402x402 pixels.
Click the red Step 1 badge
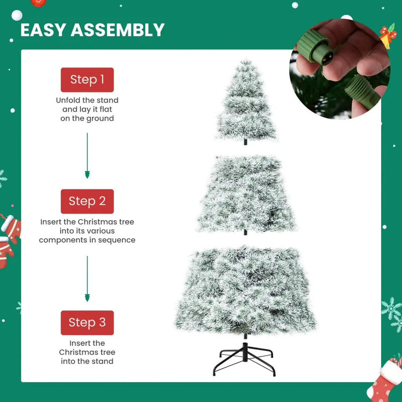pos(87,80)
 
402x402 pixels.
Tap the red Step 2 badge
pos(87,201)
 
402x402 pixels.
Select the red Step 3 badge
pos(87,323)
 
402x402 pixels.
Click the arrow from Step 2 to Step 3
pos(87,279)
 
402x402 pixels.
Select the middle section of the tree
pos(246,194)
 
